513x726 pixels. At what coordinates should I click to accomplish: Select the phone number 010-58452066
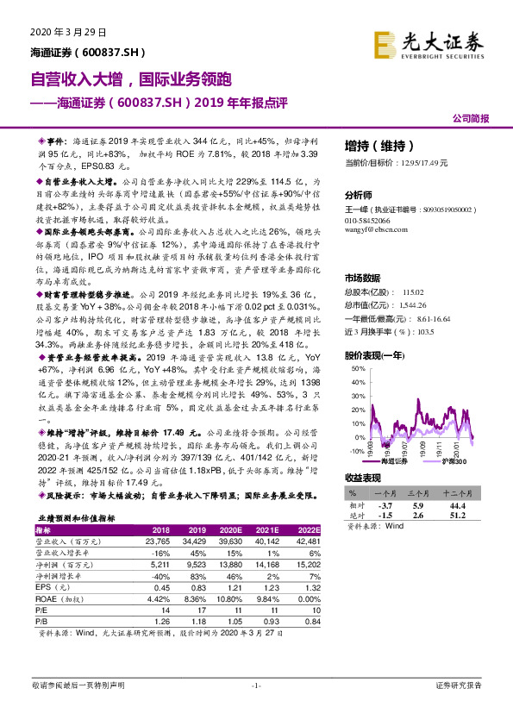(x=369, y=220)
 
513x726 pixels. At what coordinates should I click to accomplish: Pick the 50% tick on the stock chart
(x=355, y=368)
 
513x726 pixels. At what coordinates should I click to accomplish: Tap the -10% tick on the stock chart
(x=354, y=451)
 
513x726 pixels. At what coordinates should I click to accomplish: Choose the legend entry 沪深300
(x=454, y=462)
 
